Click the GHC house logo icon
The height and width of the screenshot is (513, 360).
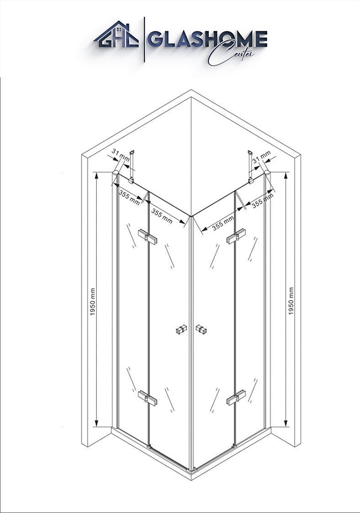[x=116, y=35]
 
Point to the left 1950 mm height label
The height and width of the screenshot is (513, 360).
[x=93, y=302]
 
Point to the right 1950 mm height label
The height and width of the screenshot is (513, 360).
[x=291, y=301]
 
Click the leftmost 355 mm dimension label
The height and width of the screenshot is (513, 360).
[x=130, y=197]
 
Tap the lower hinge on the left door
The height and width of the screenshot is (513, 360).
[x=148, y=397]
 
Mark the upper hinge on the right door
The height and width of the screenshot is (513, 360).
[x=235, y=236]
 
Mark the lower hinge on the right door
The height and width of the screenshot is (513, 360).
[x=236, y=397]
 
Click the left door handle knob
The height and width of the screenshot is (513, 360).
[x=181, y=329]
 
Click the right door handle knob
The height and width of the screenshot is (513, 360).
[x=201, y=329]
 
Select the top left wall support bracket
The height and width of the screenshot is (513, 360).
[x=132, y=167]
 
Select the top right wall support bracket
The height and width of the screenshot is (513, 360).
[x=250, y=167]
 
